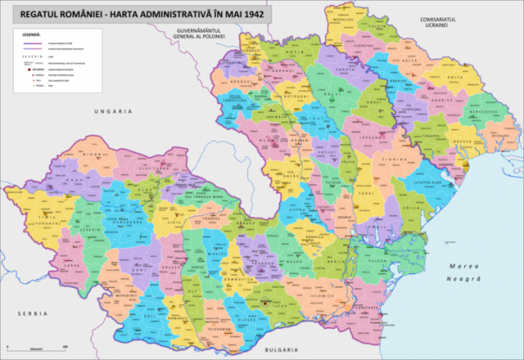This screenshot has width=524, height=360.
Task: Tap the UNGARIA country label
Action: (x=115, y=111)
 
